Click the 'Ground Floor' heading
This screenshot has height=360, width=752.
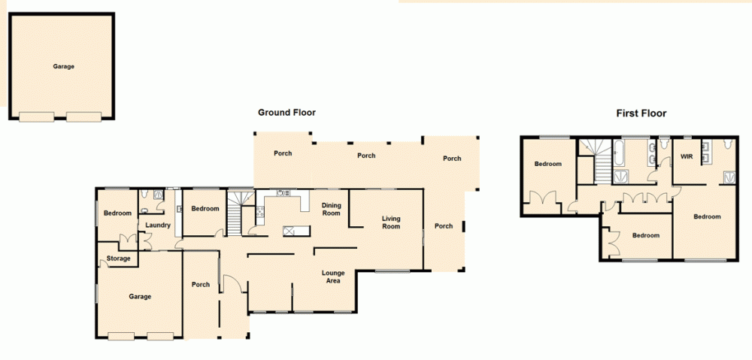[287, 113]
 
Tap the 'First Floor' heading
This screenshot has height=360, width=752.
[641, 113]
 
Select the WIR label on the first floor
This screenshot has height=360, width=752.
[686, 156]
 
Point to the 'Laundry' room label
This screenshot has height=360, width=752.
[158, 225]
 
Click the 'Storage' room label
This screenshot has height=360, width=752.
[118, 259]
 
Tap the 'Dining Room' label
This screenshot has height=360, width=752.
[332, 209]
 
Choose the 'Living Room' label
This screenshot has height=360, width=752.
[391, 222]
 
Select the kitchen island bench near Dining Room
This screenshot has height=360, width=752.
[293, 231]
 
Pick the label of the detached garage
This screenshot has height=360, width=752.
[63, 66]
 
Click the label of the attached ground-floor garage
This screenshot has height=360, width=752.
[140, 296]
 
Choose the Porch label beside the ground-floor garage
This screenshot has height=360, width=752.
[201, 284]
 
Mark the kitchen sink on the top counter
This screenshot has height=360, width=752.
[284, 193]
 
